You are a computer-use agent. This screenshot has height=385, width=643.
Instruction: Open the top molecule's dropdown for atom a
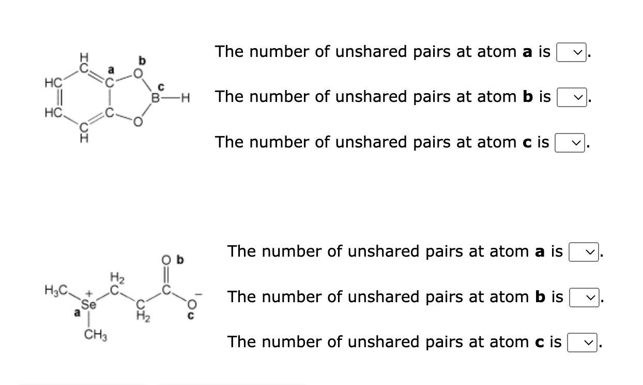(x=571, y=52)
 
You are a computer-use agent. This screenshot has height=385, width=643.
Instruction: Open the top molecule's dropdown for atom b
(x=571, y=97)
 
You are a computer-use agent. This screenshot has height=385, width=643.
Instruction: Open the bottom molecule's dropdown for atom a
(x=583, y=252)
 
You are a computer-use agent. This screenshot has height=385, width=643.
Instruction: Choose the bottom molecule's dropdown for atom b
(x=584, y=298)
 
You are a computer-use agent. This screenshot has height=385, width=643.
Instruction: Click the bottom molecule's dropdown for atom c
(x=582, y=343)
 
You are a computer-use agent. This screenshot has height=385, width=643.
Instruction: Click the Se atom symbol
(x=89, y=305)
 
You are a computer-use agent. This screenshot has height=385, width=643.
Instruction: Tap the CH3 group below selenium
(x=96, y=336)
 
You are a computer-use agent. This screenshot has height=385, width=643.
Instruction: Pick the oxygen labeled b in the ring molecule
(x=137, y=73)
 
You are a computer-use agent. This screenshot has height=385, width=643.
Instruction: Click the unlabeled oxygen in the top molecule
(x=137, y=122)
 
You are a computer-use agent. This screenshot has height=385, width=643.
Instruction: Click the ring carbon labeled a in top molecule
(x=109, y=81)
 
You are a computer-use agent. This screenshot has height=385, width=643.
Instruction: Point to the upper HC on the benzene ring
(x=54, y=82)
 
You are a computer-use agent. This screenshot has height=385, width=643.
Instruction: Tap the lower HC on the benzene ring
(x=54, y=112)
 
